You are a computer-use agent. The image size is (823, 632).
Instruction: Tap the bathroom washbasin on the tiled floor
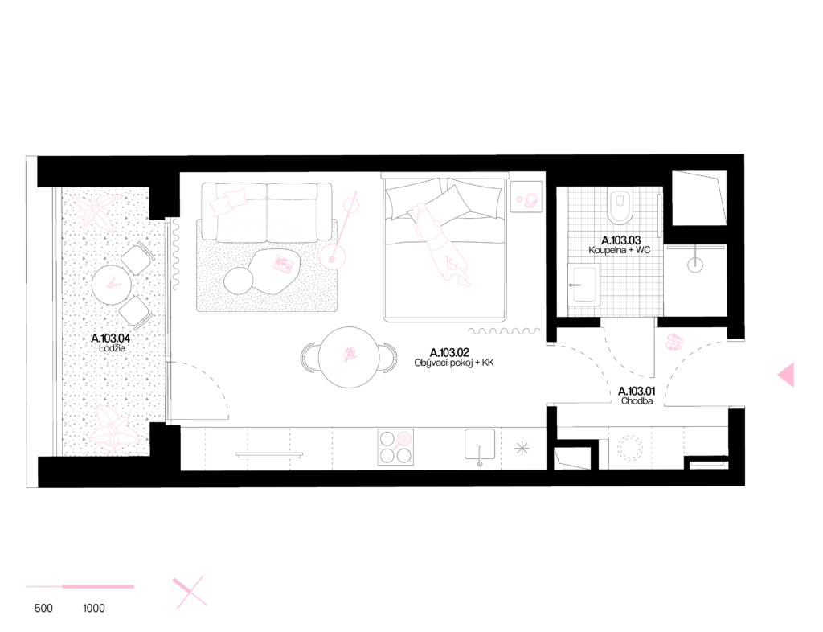(583, 284)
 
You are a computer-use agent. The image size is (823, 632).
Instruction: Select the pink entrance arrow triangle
(787, 375)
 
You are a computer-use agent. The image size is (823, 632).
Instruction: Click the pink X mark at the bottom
(189, 592)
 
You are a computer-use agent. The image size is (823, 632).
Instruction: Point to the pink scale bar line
(80, 587)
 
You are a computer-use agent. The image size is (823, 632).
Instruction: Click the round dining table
(349, 357)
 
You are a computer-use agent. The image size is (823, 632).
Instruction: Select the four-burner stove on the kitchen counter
(395, 447)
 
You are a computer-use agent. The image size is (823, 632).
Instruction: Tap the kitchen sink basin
(480, 444)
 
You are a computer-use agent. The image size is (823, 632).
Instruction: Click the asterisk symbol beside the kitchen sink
(522, 448)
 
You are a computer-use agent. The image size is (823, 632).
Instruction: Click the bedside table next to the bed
(526, 197)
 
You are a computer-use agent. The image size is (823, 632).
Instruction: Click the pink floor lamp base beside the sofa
(332, 257)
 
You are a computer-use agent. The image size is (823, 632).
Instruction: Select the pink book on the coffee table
(282, 264)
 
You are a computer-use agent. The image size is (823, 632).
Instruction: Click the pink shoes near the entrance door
(674, 343)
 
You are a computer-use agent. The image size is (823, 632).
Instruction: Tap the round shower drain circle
(695, 264)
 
